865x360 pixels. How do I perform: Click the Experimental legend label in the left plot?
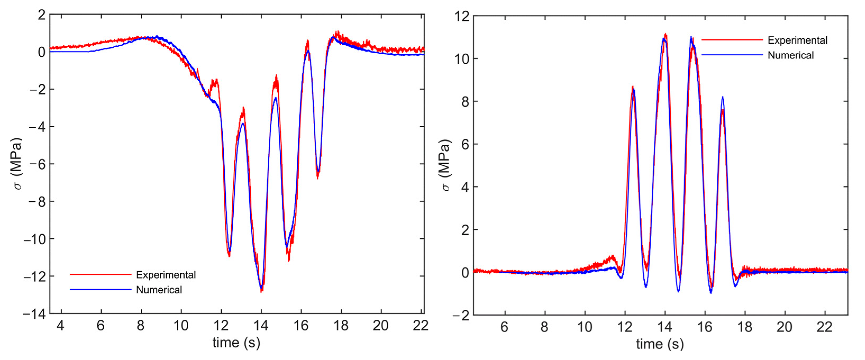coord(166,275)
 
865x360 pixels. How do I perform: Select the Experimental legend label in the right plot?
coord(798,40)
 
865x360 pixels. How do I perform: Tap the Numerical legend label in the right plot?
coord(790,55)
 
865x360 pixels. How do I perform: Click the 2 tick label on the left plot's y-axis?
coord(42,15)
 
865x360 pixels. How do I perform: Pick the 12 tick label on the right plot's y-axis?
coord(462,16)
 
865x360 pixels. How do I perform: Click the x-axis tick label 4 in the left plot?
coord(61,325)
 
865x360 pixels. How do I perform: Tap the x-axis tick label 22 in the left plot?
coord(420,325)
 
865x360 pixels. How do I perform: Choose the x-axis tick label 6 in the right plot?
coord(504,327)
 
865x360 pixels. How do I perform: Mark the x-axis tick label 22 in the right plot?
coord(824,327)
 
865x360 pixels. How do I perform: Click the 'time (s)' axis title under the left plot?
coord(236,343)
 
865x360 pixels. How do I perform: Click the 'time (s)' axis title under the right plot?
coord(660,344)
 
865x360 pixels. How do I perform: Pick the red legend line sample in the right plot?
coord(732,40)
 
